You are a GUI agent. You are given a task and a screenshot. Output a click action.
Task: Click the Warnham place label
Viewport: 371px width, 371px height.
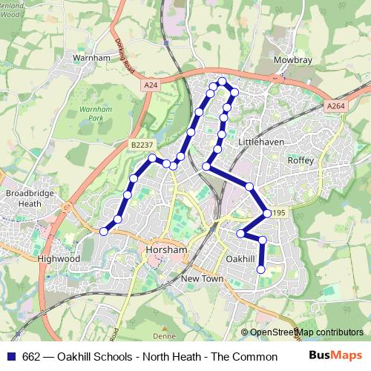tap(92, 56)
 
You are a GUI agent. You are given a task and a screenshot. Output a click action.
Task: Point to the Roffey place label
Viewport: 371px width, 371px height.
tap(301, 160)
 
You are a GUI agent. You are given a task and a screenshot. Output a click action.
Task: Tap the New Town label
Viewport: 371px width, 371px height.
tap(202, 278)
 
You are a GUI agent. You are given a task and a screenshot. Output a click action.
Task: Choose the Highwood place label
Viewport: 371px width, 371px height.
tap(59, 259)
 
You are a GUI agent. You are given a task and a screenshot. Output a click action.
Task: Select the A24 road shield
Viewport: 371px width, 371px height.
tap(151, 85)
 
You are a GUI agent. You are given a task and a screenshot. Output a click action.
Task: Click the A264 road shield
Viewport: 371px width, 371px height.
tap(335, 106)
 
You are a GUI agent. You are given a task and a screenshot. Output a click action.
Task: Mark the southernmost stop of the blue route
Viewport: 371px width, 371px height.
tap(261, 269)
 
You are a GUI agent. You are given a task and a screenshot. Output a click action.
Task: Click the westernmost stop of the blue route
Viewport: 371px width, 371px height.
tap(104, 232)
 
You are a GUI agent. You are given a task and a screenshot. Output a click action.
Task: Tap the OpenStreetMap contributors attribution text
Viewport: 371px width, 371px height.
tap(306, 332)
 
